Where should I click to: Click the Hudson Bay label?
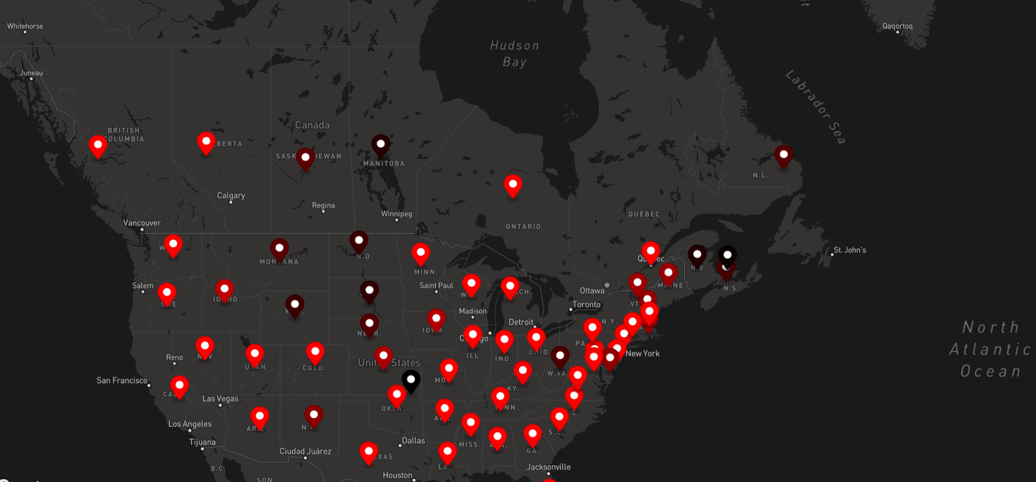click(514, 53)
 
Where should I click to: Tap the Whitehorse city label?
click(25, 26)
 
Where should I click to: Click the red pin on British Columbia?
click(98, 146)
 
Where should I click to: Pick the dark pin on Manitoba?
click(380, 145)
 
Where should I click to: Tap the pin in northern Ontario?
click(513, 184)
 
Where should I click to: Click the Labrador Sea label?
click(815, 107)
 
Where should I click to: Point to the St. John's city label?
click(849, 250)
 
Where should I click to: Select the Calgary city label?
click(231, 196)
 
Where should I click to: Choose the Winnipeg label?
click(396, 214)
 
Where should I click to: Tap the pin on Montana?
click(279, 249)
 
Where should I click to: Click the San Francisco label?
click(122, 381)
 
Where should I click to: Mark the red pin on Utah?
click(255, 354)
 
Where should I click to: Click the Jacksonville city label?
click(548, 467)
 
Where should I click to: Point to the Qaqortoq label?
click(897, 26)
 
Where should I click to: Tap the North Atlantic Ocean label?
click(990, 349)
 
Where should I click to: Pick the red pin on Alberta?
click(206, 142)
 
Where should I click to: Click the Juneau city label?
click(32, 73)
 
